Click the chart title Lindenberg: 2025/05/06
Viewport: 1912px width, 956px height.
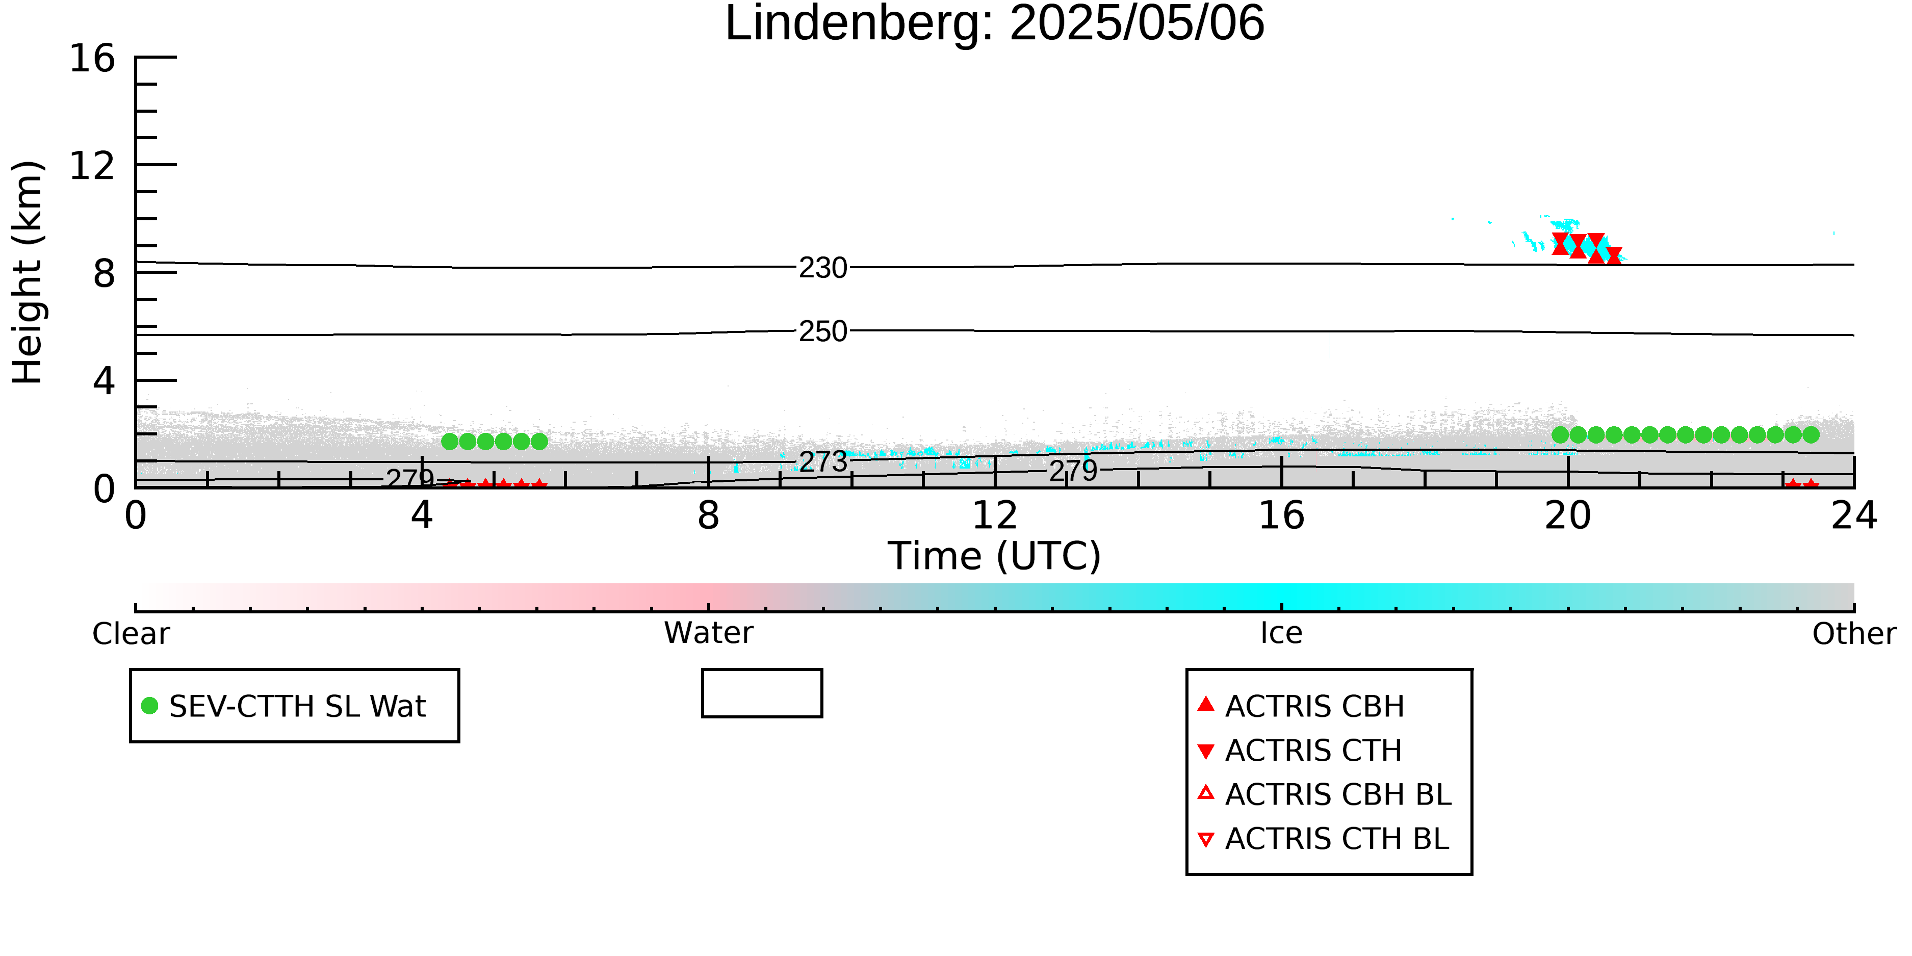[x=995, y=24]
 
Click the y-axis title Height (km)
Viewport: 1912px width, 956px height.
[x=28, y=272]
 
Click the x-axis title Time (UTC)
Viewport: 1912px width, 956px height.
[x=995, y=556]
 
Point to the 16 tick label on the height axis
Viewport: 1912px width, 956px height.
[x=92, y=58]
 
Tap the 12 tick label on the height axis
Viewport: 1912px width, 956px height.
[x=92, y=166]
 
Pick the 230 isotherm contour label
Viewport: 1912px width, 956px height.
[x=823, y=268]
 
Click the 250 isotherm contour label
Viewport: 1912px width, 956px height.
[x=823, y=331]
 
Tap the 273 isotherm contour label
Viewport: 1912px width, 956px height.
[x=823, y=461]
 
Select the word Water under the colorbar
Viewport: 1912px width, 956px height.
[x=709, y=633]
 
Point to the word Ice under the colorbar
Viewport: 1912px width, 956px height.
[x=1281, y=633]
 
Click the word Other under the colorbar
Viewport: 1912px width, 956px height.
[x=1854, y=634]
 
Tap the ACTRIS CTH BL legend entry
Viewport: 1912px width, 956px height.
[x=1324, y=839]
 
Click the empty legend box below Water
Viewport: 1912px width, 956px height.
[x=762, y=693]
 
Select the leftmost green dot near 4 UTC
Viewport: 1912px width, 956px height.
[x=450, y=442]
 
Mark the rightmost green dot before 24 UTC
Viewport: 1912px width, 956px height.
[x=1811, y=435]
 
